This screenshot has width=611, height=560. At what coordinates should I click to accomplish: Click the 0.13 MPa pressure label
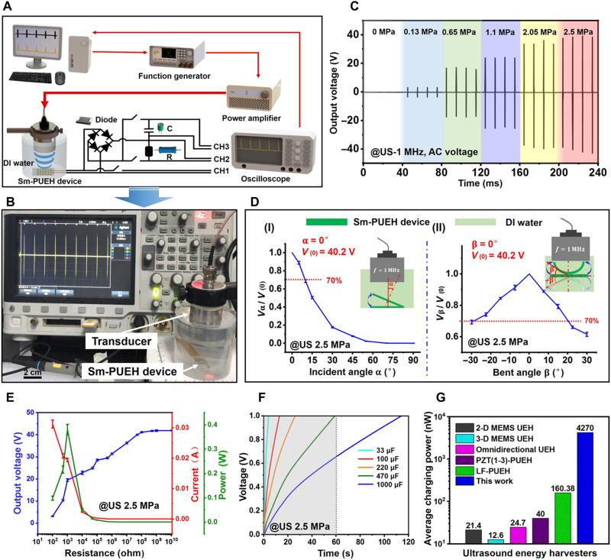click(x=423, y=34)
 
